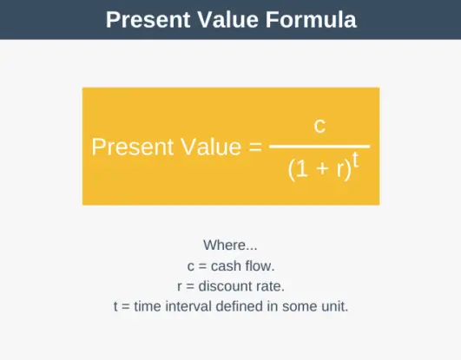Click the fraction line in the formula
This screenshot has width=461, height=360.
click(319, 147)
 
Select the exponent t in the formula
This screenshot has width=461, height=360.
click(355, 160)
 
